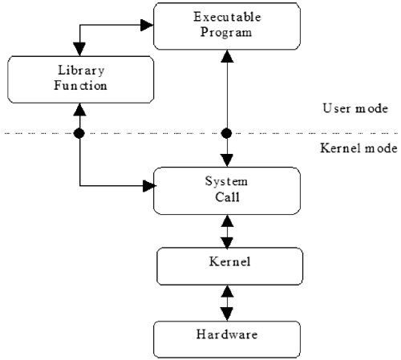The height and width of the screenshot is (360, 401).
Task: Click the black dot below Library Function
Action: [x=79, y=132]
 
